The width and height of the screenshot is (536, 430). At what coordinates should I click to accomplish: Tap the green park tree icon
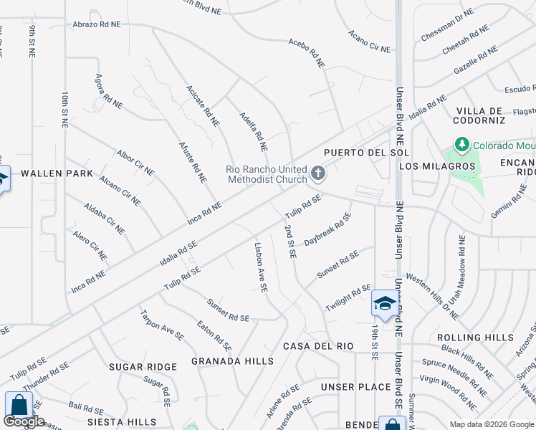pos(461,145)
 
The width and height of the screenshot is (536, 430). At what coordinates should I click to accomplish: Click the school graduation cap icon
pos(384,305)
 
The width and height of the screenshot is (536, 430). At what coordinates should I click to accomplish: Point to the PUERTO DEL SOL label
pos(366,153)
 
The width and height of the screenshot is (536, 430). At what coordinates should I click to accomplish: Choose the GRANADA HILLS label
pos(232,361)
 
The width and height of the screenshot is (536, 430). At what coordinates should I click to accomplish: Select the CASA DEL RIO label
pos(318,346)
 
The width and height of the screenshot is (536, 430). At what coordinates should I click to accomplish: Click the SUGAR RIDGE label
pos(143,367)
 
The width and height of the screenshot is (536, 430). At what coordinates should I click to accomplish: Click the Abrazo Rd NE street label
pos(97,24)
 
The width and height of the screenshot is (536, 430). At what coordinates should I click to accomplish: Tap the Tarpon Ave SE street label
pos(162,325)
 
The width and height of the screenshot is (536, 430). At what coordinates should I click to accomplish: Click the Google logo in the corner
pos(24,422)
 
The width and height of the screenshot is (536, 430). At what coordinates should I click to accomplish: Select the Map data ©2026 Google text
pos(491,424)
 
